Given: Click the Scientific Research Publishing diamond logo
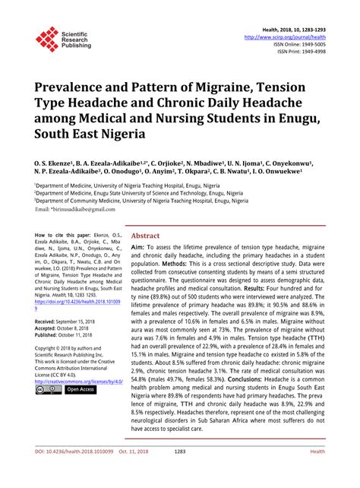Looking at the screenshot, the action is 47,37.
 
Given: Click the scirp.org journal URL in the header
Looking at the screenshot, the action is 286,36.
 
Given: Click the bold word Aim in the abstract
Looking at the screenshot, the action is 137,227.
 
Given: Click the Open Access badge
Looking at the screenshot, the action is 80,389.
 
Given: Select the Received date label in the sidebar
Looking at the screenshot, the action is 49,322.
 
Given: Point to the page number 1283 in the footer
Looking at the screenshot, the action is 179,472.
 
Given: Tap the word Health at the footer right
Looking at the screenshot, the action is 318,472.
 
